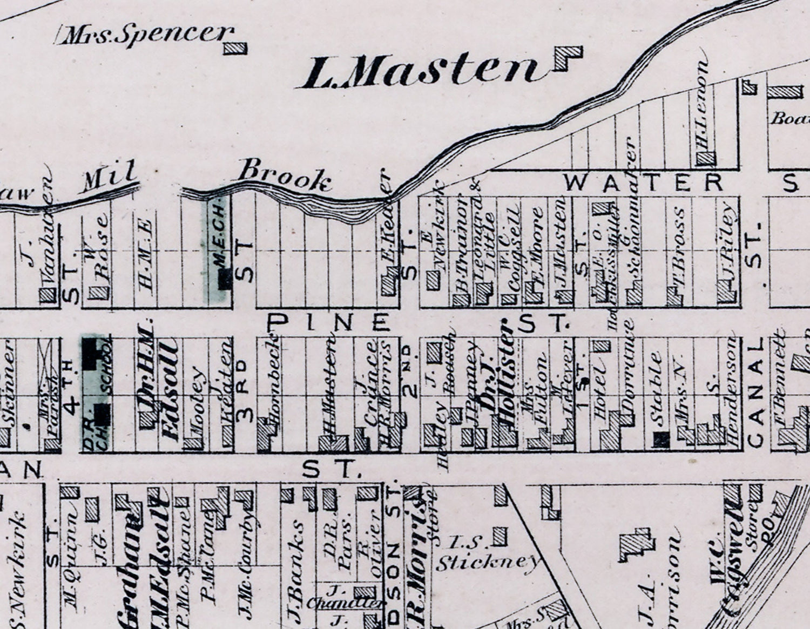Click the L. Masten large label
click(x=418, y=72)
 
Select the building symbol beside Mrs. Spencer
click(x=235, y=48)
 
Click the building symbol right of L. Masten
click(x=568, y=58)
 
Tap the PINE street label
click(x=329, y=322)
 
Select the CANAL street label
click(x=755, y=394)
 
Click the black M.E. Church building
click(x=224, y=279)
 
